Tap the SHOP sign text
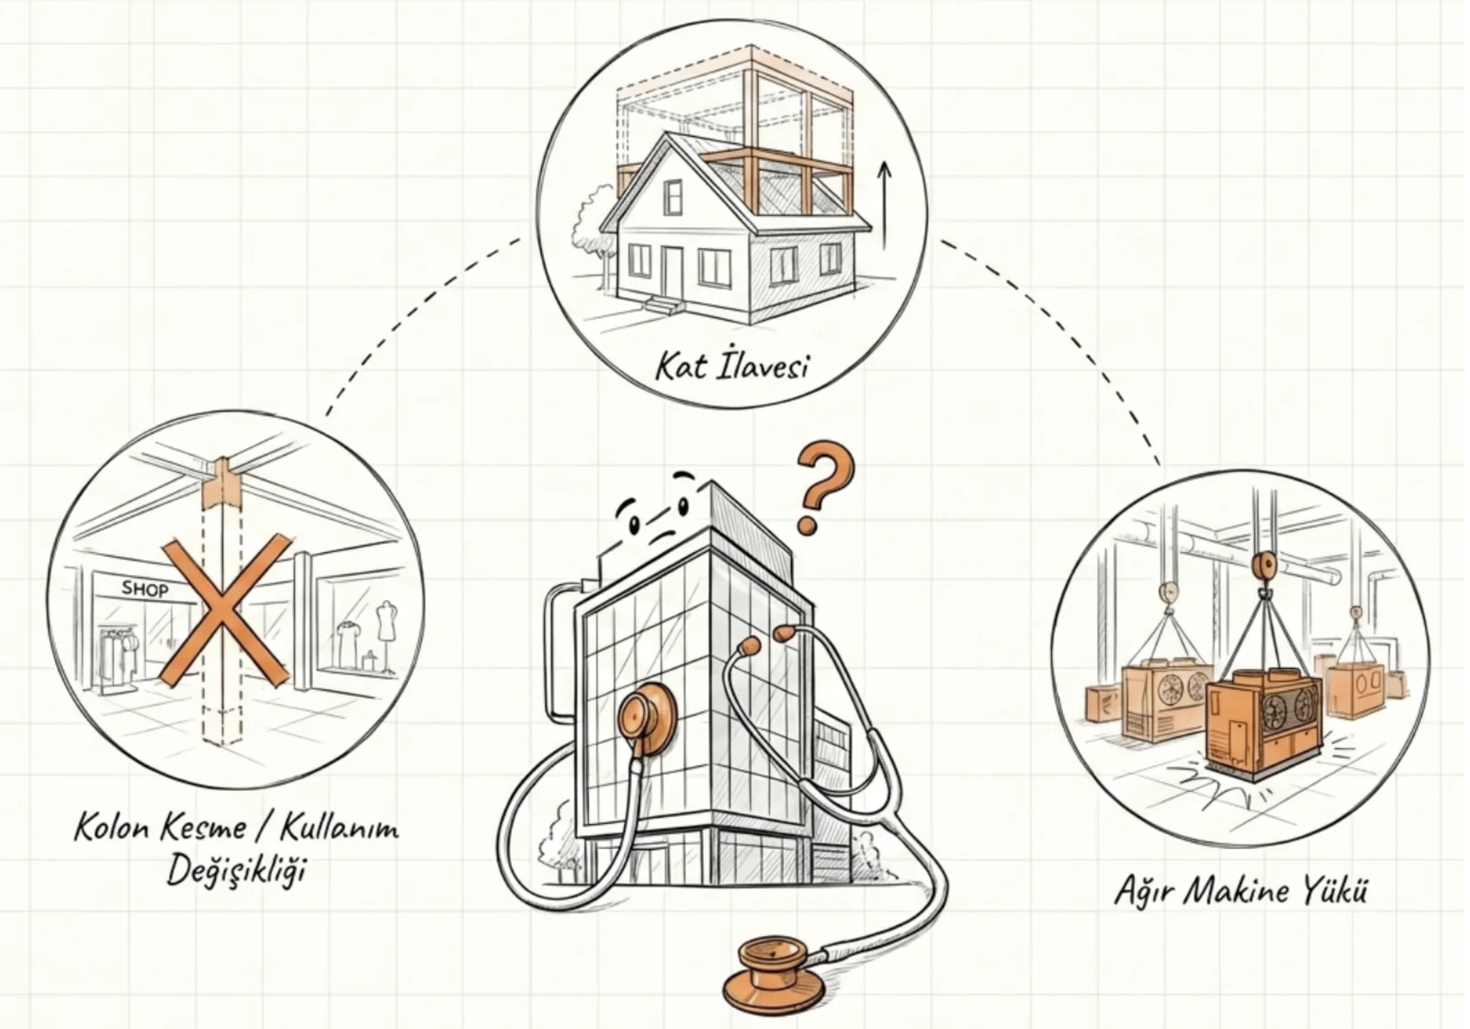pyautogui.click(x=145, y=589)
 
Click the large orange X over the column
pyautogui.click(x=225, y=610)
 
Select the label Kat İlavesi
pyautogui.click(x=731, y=366)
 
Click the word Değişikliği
pyautogui.click(x=237, y=872)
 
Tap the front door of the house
pyautogui.click(x=671, y=272)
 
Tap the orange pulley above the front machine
pyautogui.click(x=1262, y=567)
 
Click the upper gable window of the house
pyautogui.click(x=673, y=197)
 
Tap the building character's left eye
pyautogui.click(x=635, y=525)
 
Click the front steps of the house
pyautogui.click(x=663, y=304)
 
